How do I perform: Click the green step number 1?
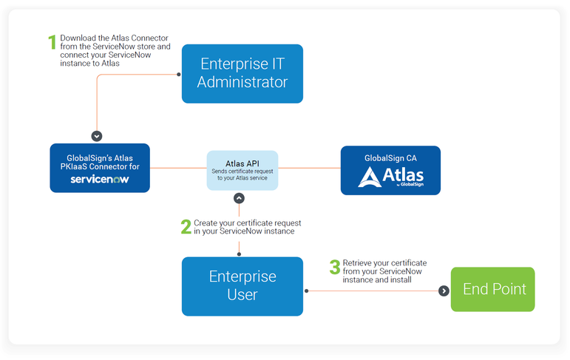52,42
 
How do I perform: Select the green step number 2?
186,226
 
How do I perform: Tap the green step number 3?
335,267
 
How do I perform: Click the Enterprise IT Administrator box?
242,73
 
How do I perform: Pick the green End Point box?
492,289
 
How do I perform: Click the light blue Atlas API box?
242,170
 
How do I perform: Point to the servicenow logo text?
100,180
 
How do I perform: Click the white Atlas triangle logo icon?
369,177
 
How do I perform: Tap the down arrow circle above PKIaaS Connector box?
96,136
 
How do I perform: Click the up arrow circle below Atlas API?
239,198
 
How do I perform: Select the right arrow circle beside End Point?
444,291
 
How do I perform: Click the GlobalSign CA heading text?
390,157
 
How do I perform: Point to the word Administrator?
242,82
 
